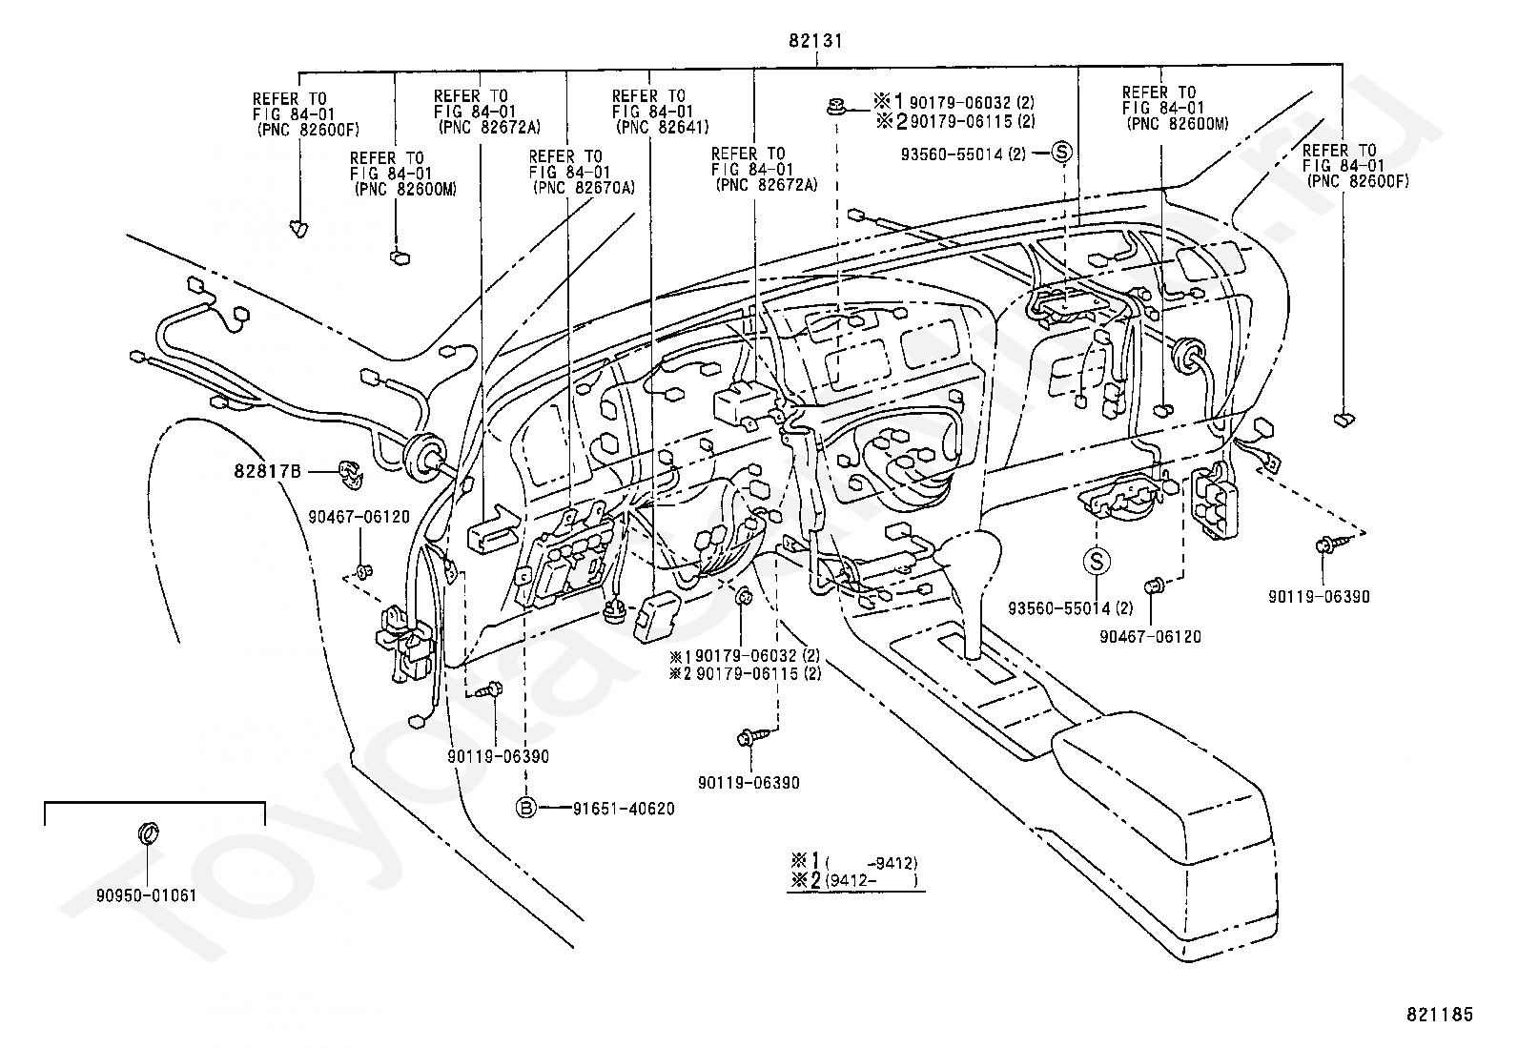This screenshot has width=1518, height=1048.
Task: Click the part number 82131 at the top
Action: [815, 41]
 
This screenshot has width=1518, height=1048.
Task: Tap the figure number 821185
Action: [1440, 1015]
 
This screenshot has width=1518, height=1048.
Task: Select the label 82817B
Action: [267, 470]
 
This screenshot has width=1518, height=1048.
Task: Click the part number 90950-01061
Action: [147, 895]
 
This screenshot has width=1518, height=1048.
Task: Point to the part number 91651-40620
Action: [624, 809]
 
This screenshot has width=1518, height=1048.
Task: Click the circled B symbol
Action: [526, 808]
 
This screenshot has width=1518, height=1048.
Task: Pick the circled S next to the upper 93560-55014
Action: [1061, 152]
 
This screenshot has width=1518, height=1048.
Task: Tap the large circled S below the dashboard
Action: [1097, 562]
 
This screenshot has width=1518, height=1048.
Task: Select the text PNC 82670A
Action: [585, 187]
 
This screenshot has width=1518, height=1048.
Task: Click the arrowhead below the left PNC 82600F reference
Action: [298, 229]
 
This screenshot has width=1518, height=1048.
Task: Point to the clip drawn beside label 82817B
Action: [350, 473]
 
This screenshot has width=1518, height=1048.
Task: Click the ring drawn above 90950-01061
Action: [148, 832]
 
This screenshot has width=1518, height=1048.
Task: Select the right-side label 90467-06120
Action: [1150, 637]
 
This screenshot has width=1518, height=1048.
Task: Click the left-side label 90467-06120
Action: [359, 517]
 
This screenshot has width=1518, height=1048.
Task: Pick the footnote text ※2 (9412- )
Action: [854, 880]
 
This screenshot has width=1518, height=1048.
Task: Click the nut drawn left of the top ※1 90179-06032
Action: [836, 106]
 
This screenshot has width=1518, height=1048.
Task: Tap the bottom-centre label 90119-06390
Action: [749, 783]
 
